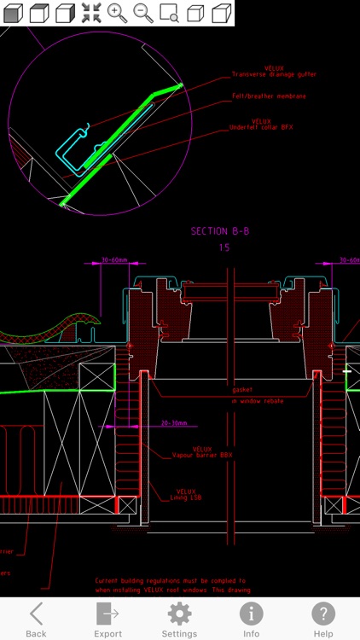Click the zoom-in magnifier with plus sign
tap(117, 13)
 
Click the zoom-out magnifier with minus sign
tap(142, 13)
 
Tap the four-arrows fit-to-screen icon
tap(91, 13)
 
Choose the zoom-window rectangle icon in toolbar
tap(169, 13)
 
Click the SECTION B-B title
tap(220, 231)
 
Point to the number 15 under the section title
tap(224, 247)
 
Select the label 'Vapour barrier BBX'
tap(202, 455)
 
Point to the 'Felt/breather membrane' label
tap(269, 96)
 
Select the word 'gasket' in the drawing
tap(241, 389)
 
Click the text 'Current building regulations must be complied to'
tap(171, 580)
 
